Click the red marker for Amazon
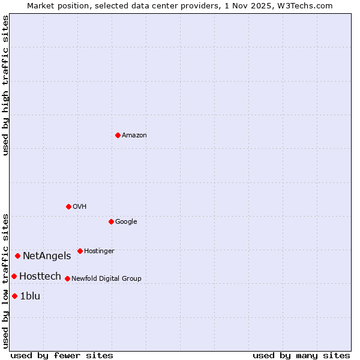[x=118, y=135]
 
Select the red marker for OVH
[x=68, y=206]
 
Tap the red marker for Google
[x=111, y=221]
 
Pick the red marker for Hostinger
[x=80, y=251]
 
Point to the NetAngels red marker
[x=17, y=256]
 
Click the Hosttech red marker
[x=14, y=276]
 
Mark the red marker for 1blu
[x=14, y=296]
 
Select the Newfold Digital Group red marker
[x=67, y=278]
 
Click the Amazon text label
[x=134, y=135]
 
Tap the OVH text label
[x=79, y=206]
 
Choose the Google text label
[x=126, y=221]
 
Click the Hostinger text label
[x=99, y=251]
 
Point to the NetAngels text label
[x=47, y=256]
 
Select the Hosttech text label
[x=40, y=276]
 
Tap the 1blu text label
[x=30, y=296]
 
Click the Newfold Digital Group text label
[x=106, y=278]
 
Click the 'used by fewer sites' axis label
[x=62, y=355]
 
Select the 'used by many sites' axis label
[x=301, y=355]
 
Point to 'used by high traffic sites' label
[x=5, y=85]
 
